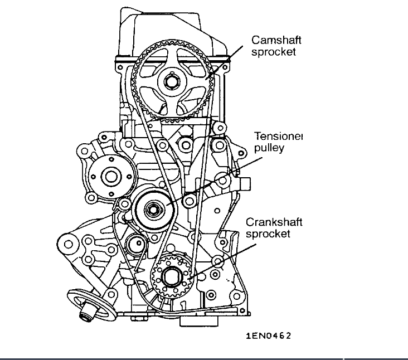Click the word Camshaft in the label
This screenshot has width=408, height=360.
click(275, 40)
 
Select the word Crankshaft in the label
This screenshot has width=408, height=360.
click(274, 222)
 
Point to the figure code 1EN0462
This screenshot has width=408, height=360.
click(269, 335)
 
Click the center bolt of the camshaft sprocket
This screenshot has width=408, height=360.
click(170, 81)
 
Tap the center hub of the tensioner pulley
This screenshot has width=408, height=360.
click(152, 210)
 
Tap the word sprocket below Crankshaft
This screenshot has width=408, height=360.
click(269, 234)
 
